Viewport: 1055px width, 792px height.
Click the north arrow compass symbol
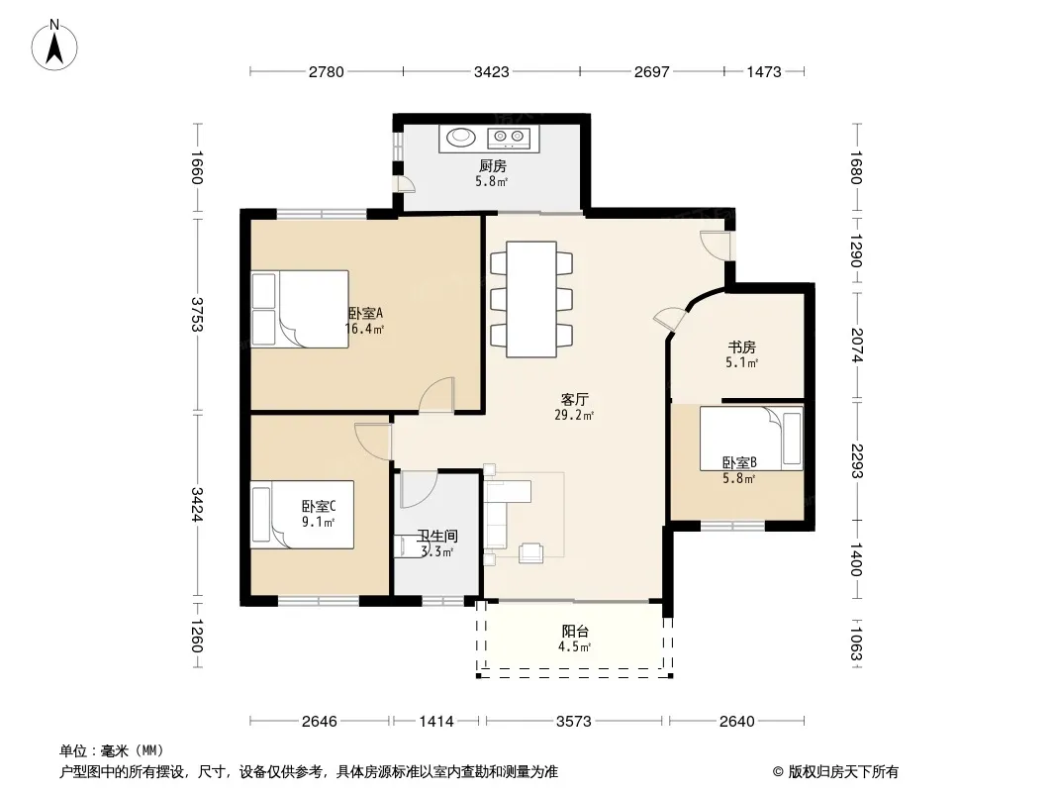tap(54, 45)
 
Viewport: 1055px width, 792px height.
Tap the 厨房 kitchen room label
tap(493, 165)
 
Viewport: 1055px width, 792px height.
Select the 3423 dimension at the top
tap(491, 71)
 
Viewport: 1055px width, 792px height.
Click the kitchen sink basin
tap(461, 138)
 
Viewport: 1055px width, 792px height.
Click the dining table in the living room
tap(531, 299)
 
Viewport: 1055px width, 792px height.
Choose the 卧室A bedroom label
tap(365, 314)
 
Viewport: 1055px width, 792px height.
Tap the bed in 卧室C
tap(302, 514)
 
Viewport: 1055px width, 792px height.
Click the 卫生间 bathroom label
tap(436, 536)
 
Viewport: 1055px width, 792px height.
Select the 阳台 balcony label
tap(575, 632)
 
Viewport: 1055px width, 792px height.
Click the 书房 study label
tap(741, 347)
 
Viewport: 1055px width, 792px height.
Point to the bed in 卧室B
tap(751, 438)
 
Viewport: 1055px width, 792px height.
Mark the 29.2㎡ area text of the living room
tap(574, 415)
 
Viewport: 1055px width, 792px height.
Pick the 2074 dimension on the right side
tap(856, 345)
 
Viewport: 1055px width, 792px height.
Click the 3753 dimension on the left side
tap(197, 314)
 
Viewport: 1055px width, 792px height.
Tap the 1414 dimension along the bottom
tap(436, 722)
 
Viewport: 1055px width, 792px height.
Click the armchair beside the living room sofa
tap(530, 552)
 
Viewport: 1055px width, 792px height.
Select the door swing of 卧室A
tap(436, 394)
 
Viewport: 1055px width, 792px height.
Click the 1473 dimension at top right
tap(764, 71)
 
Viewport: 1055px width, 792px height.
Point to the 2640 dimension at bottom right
tap(736, 722)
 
